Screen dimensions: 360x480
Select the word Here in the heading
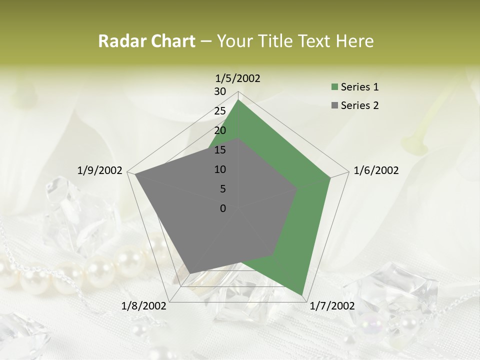pyautogui.click(x=355, y=41)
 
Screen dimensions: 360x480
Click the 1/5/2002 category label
pyautogui.click(x=237, y=78)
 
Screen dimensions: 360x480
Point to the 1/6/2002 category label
pyautogui.click(x=376, y=170)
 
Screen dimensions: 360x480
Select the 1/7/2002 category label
pyautogui.click(x=332, y=306)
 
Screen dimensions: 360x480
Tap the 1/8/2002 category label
pyautogui.click(x=144, y=306)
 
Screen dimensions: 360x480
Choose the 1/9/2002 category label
pyautogui.click(x=99, y=170)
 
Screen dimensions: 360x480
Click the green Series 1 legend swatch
pyautogui.click(x=334, y=87)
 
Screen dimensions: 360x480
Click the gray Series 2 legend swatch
pyautogui.click(x=334, y=105)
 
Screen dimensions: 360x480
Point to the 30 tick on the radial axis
pyautogui.click(x=220, y=91)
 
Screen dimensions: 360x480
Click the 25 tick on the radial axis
pyautogui.click(x=220, y=111)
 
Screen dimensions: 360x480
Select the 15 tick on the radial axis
pyautogui.click(x=220, y=150)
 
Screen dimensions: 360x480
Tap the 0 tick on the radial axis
pyautogui.click(x=223, y=208)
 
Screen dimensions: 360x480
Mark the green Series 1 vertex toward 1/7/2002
pyautogui.click(x=302, y=295)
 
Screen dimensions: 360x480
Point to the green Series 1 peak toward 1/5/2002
pyautogui.click(x=238, y=100)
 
